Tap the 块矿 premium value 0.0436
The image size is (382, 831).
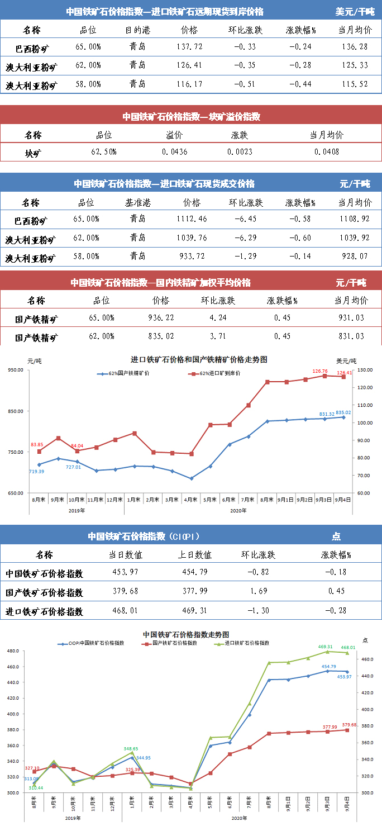point(175,151)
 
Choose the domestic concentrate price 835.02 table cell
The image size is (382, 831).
point(161,336)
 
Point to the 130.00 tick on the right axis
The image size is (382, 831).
point(365,370)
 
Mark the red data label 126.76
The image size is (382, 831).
point(321,371)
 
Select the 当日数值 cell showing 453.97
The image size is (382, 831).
point(126,572)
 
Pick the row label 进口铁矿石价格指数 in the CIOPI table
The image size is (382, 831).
point(44,611)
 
